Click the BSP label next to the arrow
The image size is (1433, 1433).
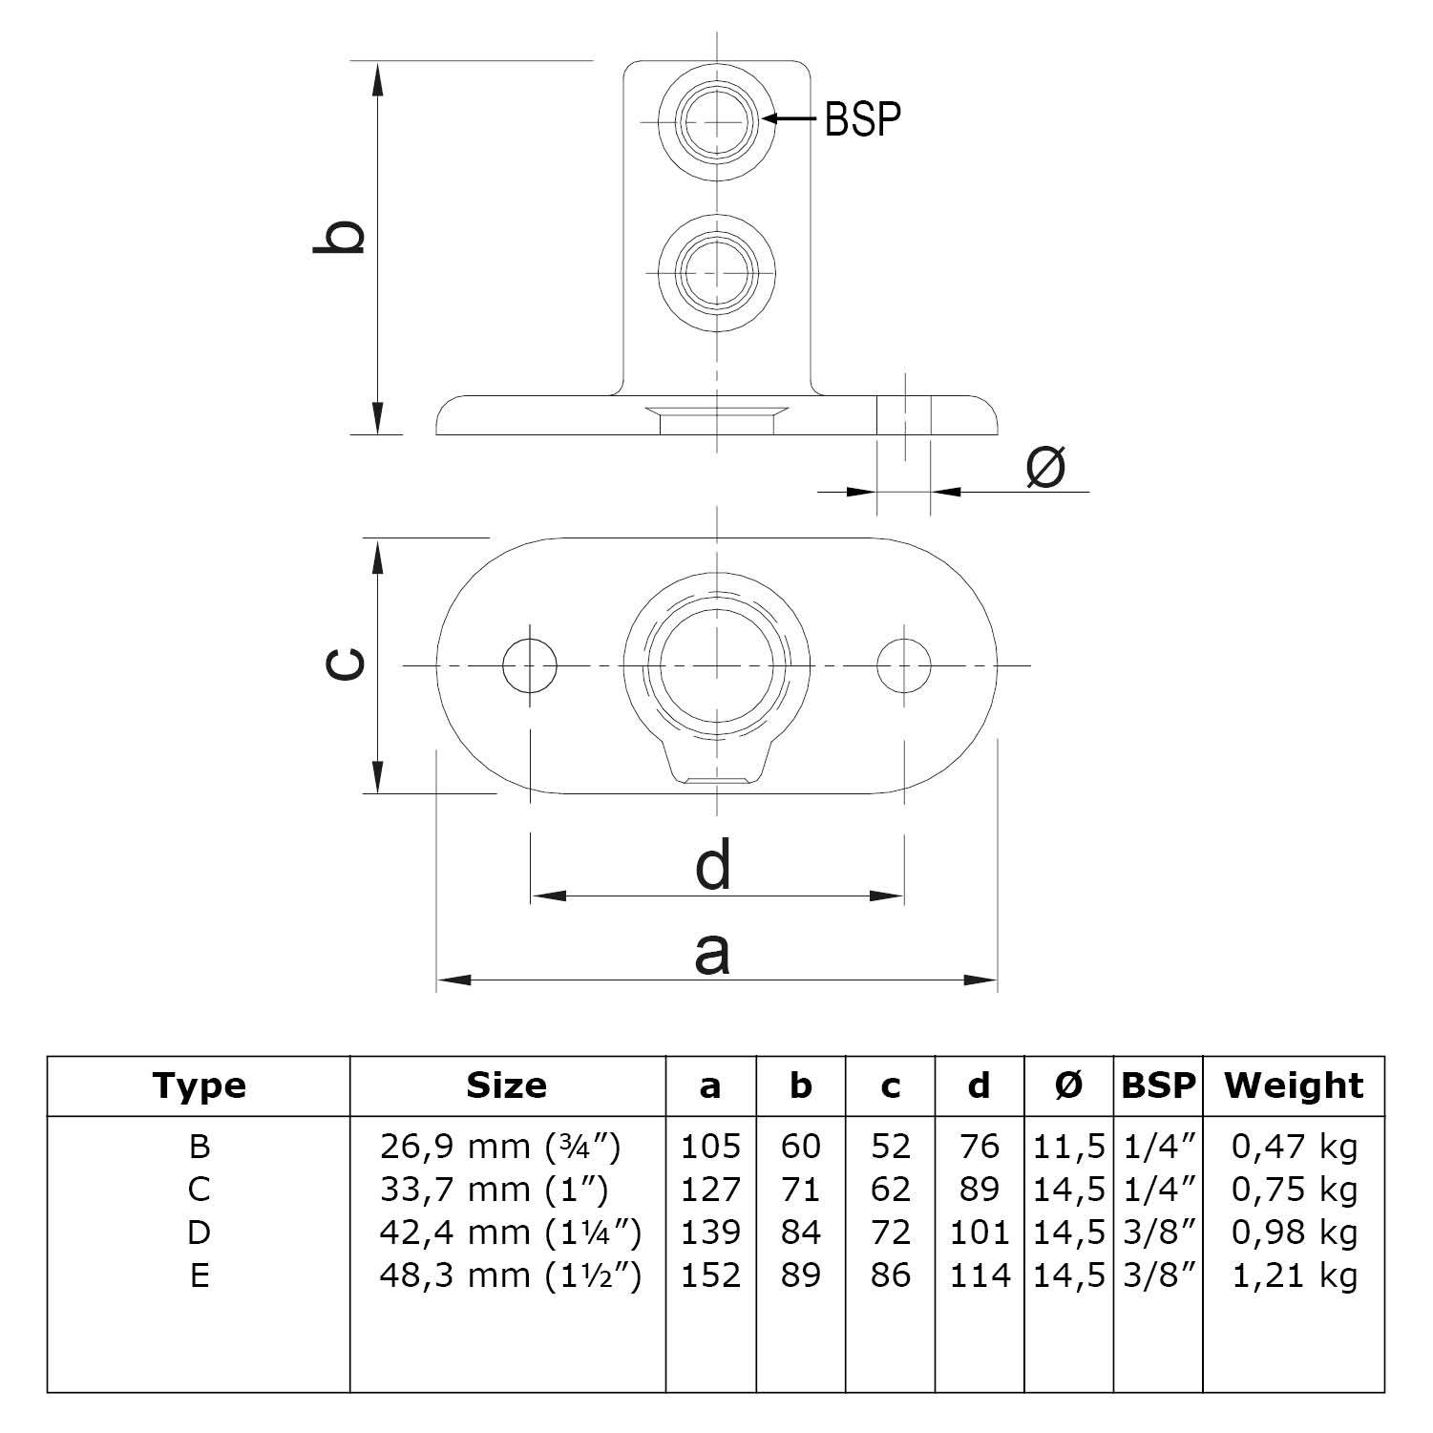(862, 119)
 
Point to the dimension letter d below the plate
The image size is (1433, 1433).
(713, 864)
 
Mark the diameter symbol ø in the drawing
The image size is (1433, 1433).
(1044, 468)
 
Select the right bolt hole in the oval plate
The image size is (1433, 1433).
(904, 665)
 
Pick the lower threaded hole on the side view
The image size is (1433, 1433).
(716, 272)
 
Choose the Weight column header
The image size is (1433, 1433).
(1294, 1085)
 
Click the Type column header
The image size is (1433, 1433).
(199, 1085)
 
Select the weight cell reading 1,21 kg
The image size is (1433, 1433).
(1294, 1275)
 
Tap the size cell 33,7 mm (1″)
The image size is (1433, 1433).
(494, 1190)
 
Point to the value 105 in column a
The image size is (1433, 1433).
(710, 1146)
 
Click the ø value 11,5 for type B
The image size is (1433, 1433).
(1069, 1146)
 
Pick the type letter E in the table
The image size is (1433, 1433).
(199, 1275)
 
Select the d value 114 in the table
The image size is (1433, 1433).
(980, 1275)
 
